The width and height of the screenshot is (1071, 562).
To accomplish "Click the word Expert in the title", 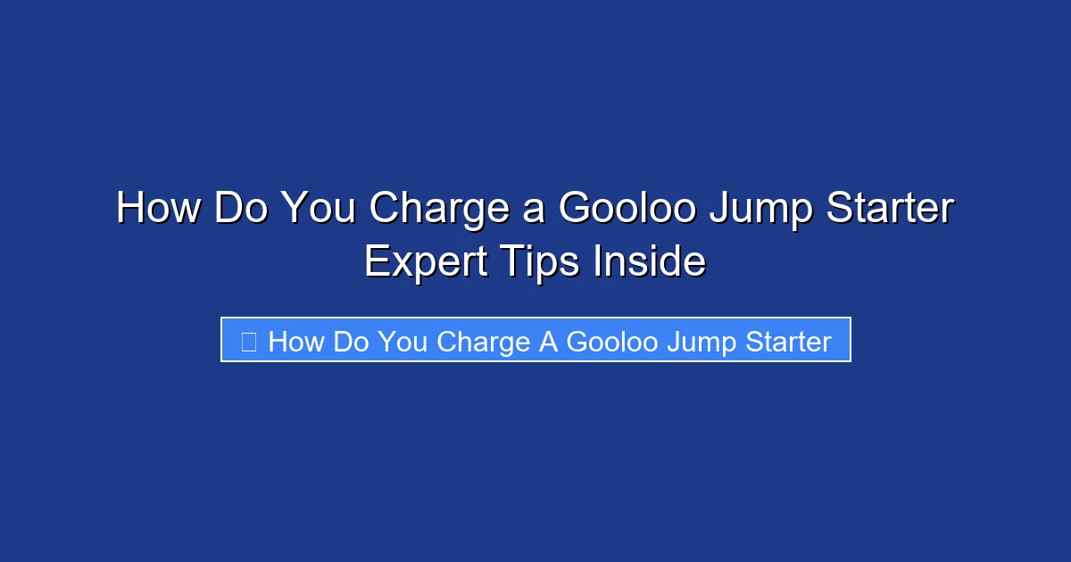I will coord(427,263).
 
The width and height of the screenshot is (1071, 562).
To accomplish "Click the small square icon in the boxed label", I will coord(249,341).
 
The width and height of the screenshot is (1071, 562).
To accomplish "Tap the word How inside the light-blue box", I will coord(296,341).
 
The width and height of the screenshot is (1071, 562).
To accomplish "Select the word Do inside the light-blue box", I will coord(351,341).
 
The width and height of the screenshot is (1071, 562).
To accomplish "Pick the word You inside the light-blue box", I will coord(403,341).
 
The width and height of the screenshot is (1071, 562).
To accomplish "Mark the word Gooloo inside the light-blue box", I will coord(611,341).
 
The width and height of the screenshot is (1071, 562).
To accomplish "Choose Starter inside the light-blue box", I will coord(787,341).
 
